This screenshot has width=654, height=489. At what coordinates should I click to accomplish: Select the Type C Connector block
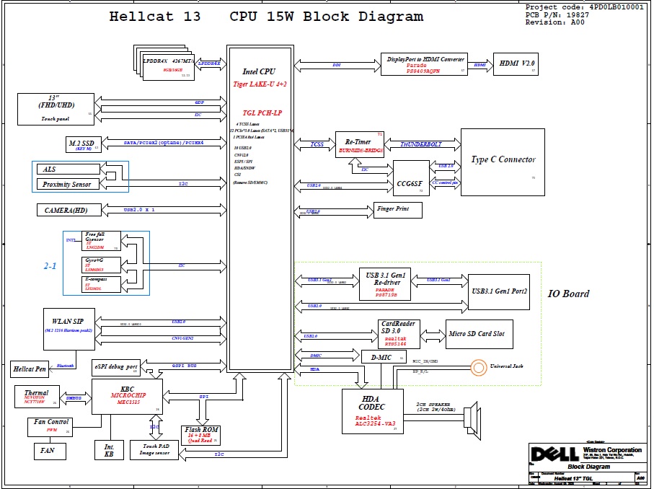tap(503, 162)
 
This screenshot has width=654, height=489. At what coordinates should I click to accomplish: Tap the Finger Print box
tap(397, 210)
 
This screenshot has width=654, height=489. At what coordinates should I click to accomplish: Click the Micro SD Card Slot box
tap(480, 334)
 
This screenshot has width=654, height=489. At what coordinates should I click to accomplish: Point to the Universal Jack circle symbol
tap(479, 367)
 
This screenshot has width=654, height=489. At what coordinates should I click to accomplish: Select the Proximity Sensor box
tap(67, 184)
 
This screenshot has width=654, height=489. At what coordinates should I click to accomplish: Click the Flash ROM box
tap(201, 435)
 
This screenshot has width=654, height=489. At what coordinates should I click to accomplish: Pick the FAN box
tap(50, 451)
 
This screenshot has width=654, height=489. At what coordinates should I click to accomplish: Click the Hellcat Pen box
tap(30, 369)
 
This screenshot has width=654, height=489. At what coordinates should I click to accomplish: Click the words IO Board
tap(568, 294)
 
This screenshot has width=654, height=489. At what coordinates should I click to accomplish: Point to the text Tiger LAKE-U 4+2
tap(260, 84)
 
